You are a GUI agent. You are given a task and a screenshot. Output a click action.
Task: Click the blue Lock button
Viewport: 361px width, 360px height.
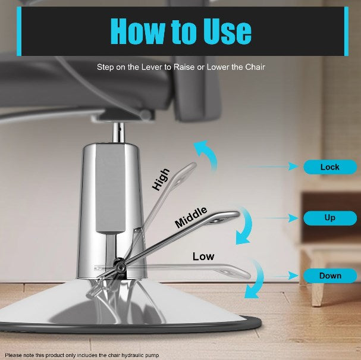pos(330,167)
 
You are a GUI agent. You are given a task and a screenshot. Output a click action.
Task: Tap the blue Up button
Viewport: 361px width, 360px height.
pos(330,218)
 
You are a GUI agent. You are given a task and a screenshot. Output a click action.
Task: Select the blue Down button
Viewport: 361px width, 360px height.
pos(330,276)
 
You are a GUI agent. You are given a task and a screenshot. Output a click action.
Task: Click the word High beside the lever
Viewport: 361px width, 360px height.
pos(161,180)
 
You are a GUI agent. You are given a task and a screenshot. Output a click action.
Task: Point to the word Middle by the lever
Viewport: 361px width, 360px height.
pos(191,217)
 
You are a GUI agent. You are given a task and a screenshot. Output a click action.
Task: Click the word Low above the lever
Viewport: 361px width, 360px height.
pos(203,256)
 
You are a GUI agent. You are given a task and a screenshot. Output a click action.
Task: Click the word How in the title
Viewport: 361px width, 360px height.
pos(137,32)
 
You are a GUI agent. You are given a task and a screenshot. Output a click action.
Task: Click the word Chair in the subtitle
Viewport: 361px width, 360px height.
pos(255,67)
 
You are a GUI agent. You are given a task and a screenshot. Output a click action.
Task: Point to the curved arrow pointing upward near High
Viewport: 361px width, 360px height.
pos(208,155)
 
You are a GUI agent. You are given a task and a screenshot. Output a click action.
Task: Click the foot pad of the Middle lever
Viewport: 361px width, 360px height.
pos(222,217)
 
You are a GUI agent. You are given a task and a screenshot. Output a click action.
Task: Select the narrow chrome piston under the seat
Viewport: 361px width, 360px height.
pos(118,133)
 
